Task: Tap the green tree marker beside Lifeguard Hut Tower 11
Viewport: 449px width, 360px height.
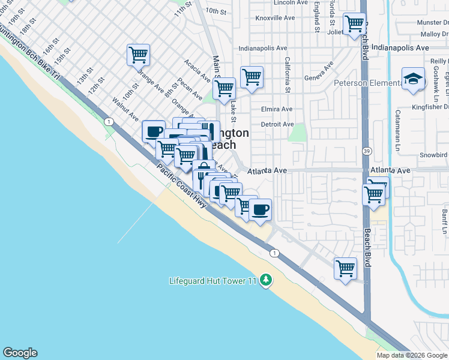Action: [266, 281]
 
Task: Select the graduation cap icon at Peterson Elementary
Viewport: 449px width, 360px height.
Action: [412, 79]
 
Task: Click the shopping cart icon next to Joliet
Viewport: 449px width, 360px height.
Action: [355, 24]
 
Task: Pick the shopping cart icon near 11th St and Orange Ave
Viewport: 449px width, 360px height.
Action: [138, 55]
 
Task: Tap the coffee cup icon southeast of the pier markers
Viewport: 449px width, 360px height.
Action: [260, 210]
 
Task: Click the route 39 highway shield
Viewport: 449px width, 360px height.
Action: [366, 152]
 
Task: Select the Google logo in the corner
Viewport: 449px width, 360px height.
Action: [20, 353]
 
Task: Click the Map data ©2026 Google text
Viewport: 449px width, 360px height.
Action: [412, 355]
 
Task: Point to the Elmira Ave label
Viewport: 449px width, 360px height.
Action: [277, 109]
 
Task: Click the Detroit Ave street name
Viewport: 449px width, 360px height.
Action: [277, 124]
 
